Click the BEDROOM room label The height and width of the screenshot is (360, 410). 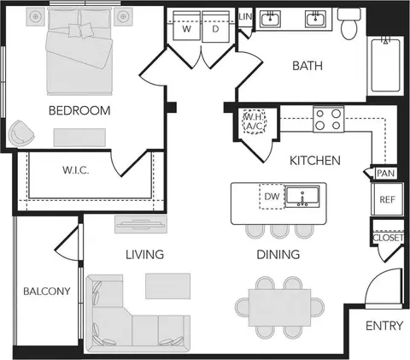pyautogui.click(x=79, y=110)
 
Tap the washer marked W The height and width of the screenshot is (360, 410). pyautogui.click(x=186, y=27)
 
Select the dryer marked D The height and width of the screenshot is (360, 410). pyautogui.click(x=215, y=27)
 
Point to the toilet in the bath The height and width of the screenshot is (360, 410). pyautogui.click(x=349, y=24)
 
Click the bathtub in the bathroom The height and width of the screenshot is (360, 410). pyautogui.click(x=385, y=65)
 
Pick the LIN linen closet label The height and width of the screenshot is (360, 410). pyautogui.click(x=245, y=17)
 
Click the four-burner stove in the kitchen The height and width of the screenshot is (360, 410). pyautogui.click(x=329, y=119)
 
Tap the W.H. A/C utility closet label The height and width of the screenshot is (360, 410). pyautogui.click(x=254, y=121)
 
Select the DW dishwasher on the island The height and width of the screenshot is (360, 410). pyautogui.click(x=272, y=197)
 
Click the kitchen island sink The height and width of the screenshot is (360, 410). pyautogui.click(x=302, y=197)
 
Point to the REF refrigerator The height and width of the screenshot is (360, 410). pyautogui.click(x=387, y=199)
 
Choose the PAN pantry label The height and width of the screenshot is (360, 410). pyautogui.click(x=386, y=173)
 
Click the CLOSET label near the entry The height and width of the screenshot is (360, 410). pyautogui.click(x=388, y=238)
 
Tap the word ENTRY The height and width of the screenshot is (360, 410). pyautogui.click(x=384, y=326)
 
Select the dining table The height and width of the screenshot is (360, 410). pyautogui.click(x=279, y=308)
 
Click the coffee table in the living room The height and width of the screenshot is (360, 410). pyautogui.click(x=168, y=286)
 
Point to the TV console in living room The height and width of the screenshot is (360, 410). pyautogui.click(x=141, y=224)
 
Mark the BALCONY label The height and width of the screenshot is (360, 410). pyautogui.click(x=47, y=292)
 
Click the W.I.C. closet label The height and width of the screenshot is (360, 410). pyautogui.click(x=76, y=170)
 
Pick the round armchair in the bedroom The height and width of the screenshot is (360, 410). pyautogui.click(x=20, y=133)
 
